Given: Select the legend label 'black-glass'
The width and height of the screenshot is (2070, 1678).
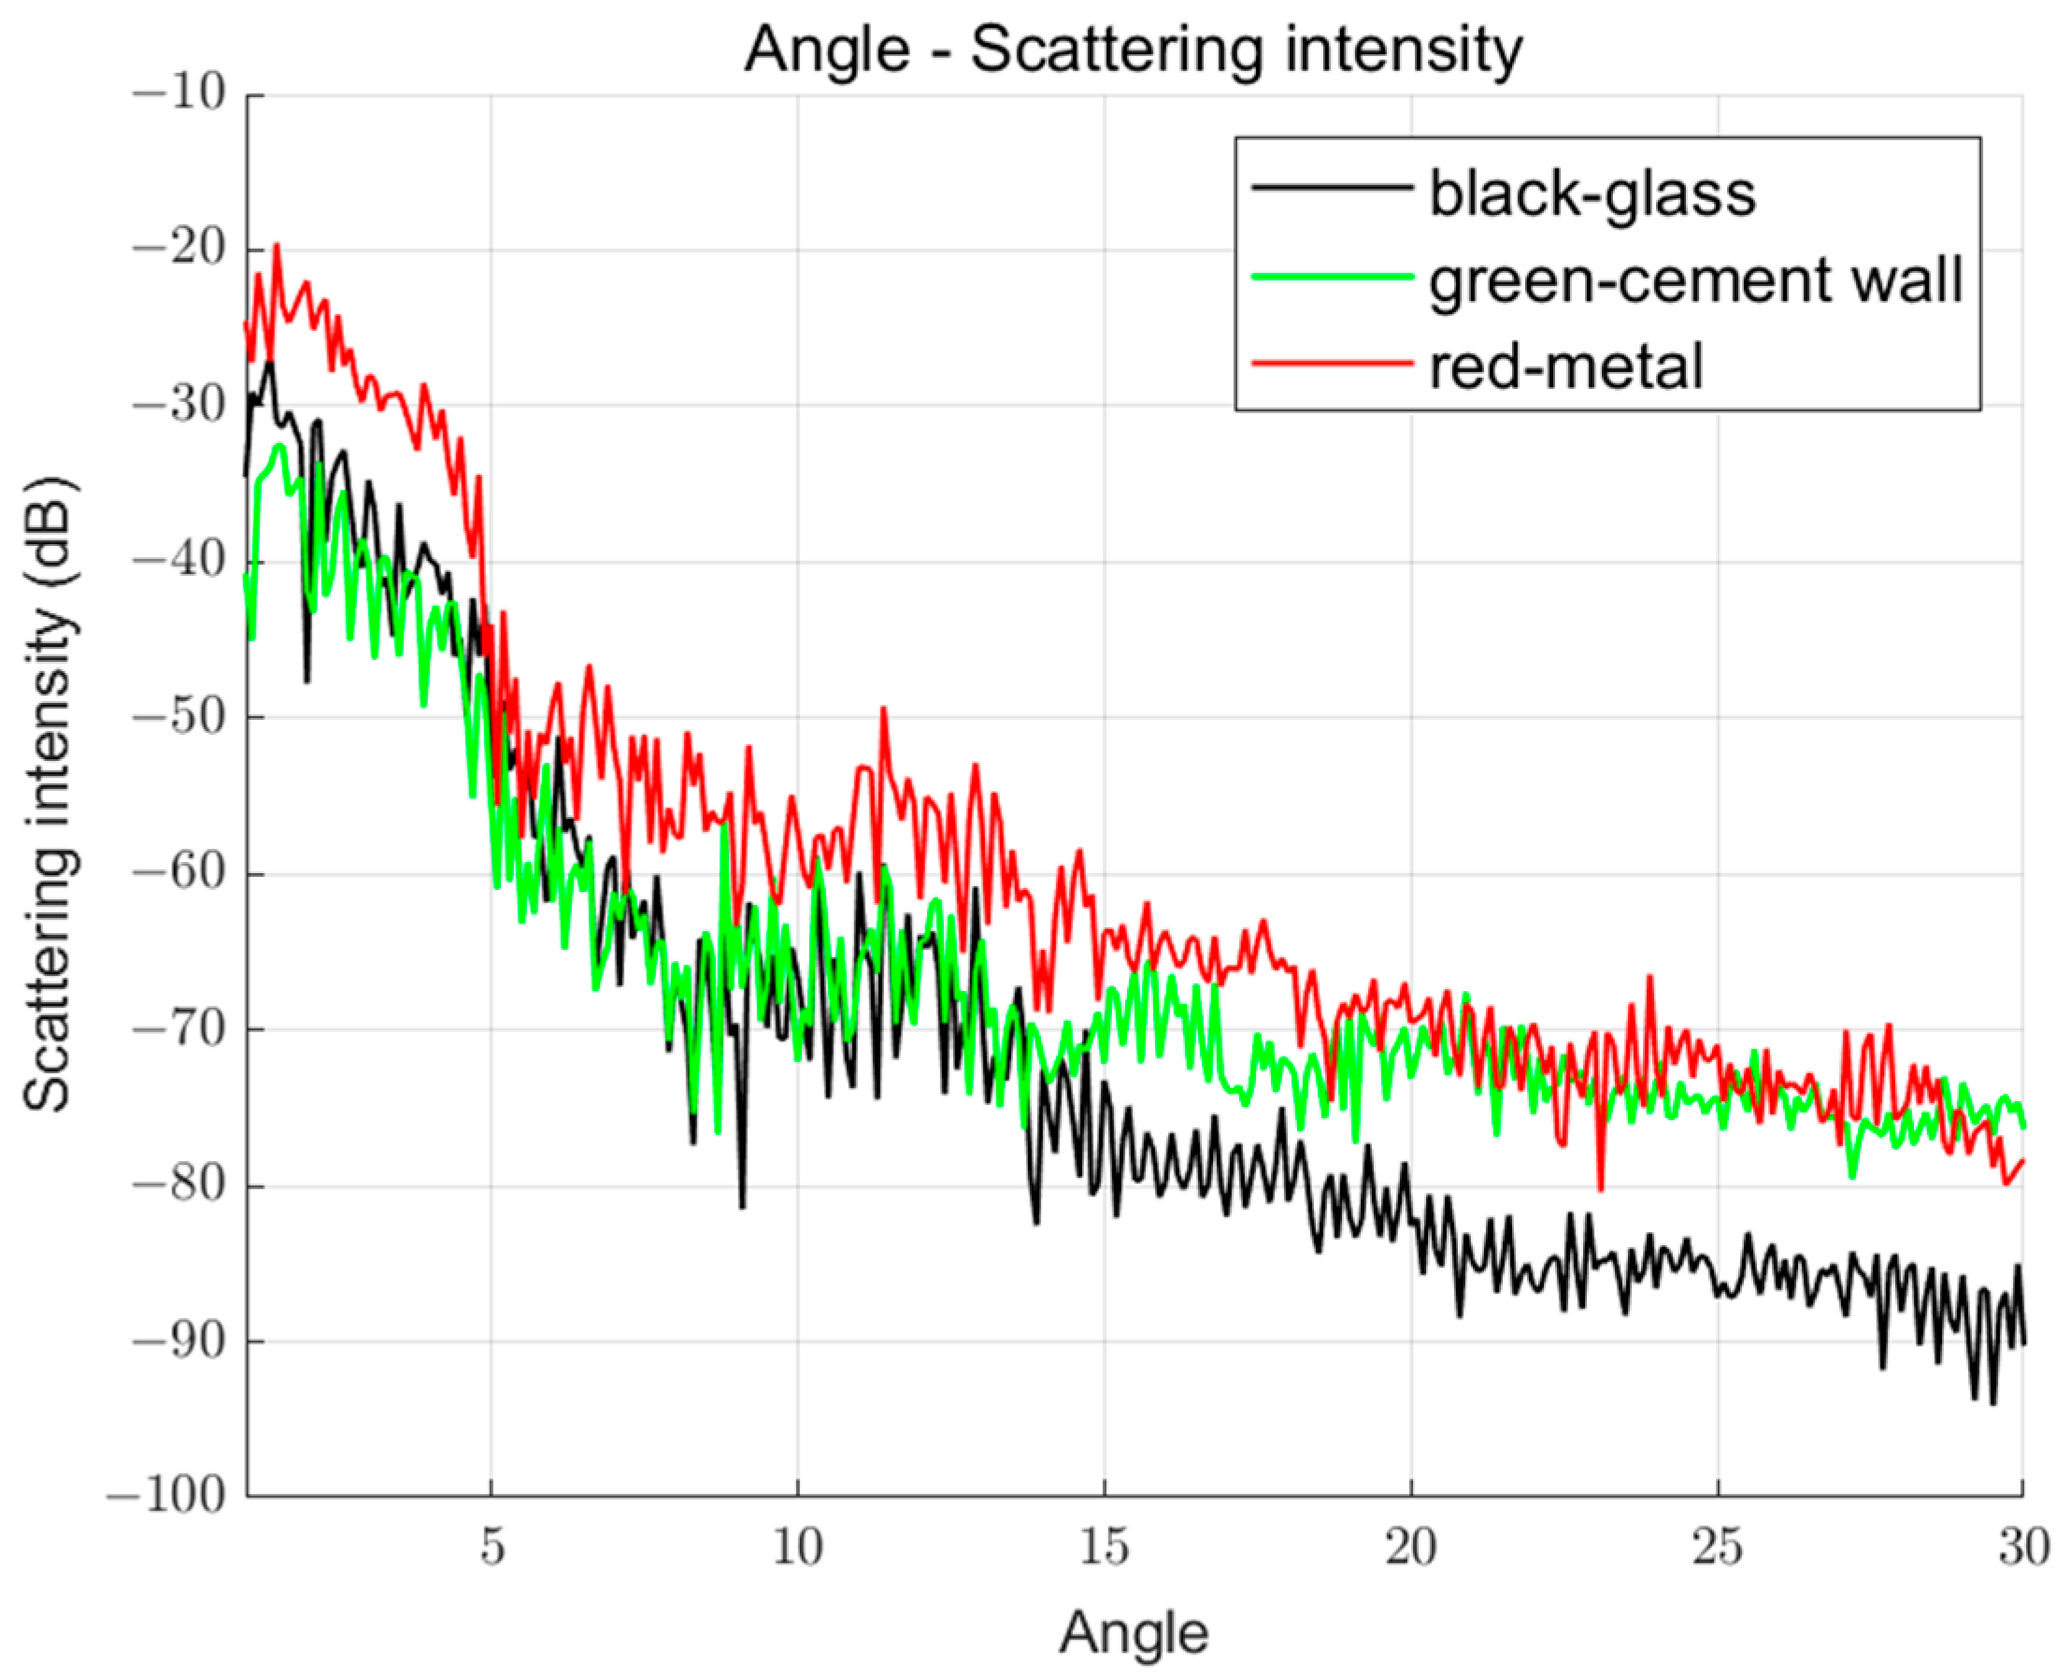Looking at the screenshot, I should click(1592, 194).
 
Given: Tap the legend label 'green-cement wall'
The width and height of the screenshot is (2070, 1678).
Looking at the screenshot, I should click(1696, 280).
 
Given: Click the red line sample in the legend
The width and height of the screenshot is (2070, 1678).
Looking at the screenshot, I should click(1332, 364).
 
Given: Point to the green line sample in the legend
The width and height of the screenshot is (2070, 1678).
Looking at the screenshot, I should click(1332, 278).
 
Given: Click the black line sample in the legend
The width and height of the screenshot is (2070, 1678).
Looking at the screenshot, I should click(1332, 188).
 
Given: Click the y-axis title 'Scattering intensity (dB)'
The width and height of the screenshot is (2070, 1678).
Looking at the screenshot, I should click(49, 795).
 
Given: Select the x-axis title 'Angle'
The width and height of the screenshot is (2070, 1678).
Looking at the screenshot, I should click(1134, 1633).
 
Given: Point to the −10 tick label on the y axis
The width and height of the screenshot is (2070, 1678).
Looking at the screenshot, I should click(178, 93).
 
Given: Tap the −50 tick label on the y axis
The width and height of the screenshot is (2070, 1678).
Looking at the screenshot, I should click(178, 717).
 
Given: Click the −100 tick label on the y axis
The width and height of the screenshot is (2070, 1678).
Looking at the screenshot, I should click(166, 1498).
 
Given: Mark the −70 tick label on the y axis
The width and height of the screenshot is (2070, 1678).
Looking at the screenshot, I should click(178, 1029).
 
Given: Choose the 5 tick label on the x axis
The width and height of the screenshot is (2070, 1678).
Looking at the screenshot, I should click(492, 1547).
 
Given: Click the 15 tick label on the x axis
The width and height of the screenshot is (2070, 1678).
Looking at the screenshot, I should click(1105, 1547).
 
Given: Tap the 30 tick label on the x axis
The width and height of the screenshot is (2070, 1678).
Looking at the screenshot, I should click(2022, 1547).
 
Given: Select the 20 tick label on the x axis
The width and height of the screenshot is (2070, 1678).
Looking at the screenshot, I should click(1411, 1547).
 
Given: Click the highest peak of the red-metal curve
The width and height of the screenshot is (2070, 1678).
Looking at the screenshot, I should click(278, 246).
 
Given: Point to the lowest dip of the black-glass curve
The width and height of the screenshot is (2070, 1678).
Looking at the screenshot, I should click(1992, 1402).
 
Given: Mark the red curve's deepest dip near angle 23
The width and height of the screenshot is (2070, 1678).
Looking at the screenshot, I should click(1600, 1189).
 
